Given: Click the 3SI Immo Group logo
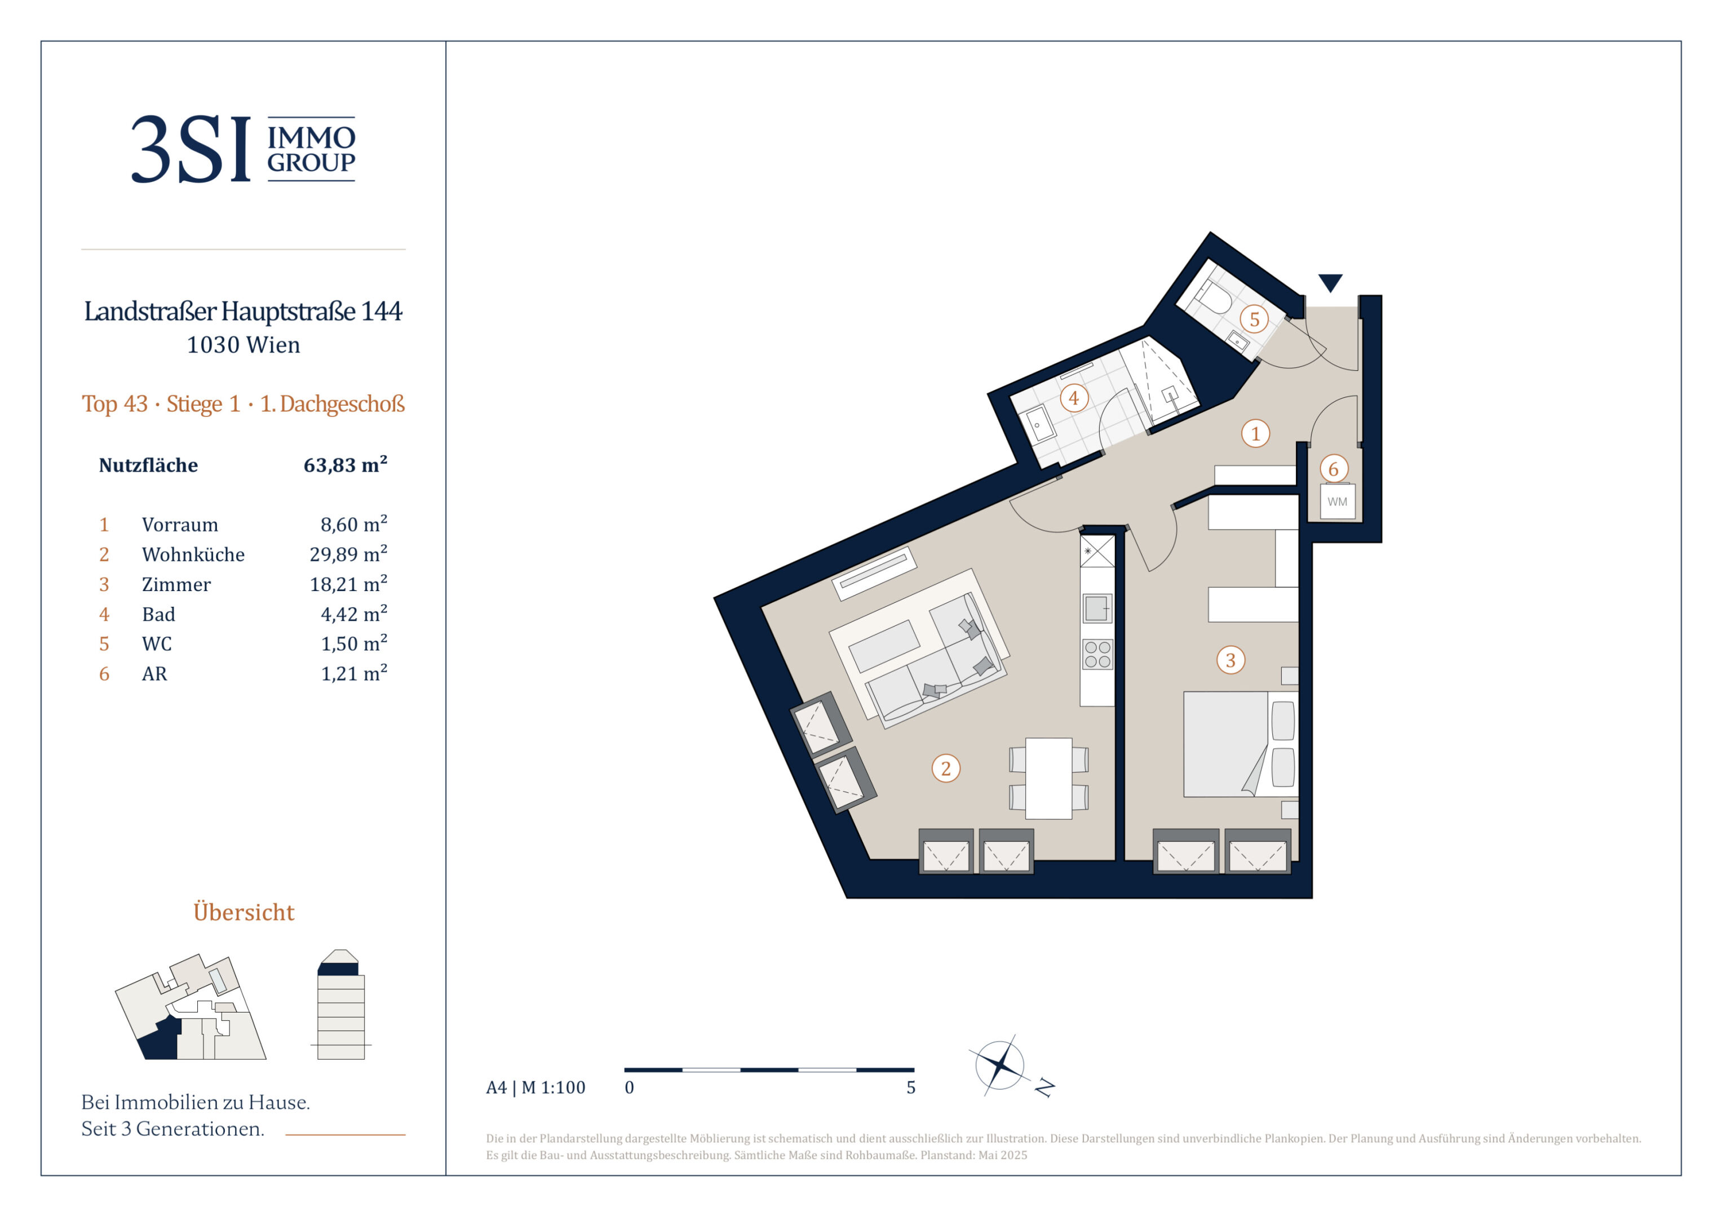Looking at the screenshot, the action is coord(243,149).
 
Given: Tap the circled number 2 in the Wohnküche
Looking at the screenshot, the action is coord(946,769).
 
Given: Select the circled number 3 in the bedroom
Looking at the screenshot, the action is coord(1230,660).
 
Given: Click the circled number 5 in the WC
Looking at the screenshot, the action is coord(1254,319).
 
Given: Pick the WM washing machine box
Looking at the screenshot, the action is coord(1337,501).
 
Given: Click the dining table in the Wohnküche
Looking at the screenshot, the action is coord(1048,778).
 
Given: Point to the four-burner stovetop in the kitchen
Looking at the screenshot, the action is coord(1097,655).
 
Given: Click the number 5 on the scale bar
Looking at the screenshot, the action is coord(910,1087).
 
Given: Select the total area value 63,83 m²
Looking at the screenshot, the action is coord(345,464).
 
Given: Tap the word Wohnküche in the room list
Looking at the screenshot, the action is coord(193,554).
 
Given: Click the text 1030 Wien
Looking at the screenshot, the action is coord(243,345).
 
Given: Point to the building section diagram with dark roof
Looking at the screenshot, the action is coord(341,1005).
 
